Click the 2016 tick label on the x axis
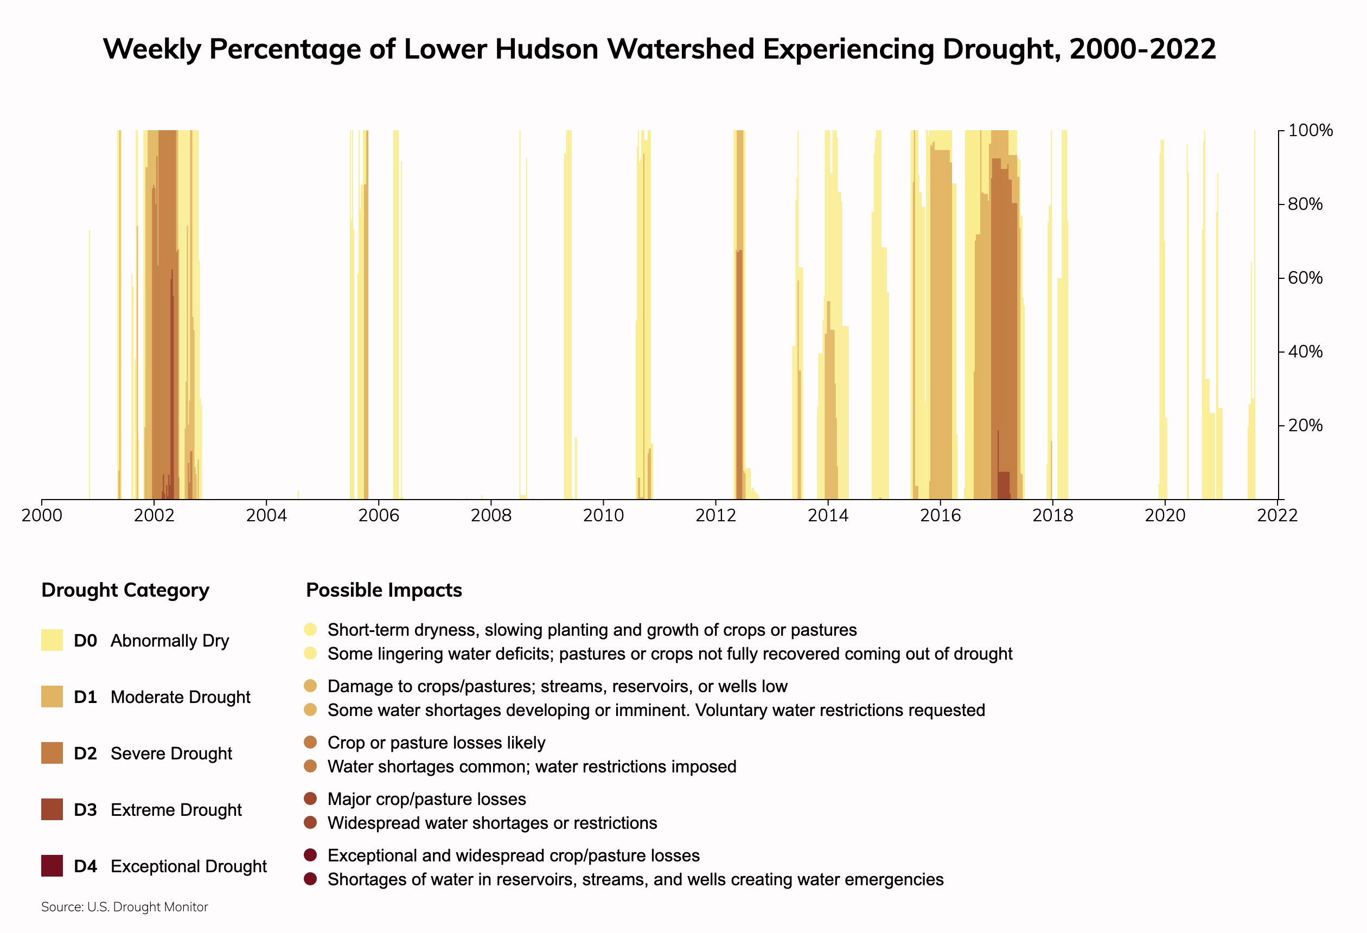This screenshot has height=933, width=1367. (x=940, y=516)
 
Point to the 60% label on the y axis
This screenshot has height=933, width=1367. (x=1305, y=278)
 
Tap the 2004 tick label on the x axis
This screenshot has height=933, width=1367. (x=266, y=516)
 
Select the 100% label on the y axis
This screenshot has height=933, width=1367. (x=1310, y=131)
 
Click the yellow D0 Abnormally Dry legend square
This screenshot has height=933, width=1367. (x=52, y=640)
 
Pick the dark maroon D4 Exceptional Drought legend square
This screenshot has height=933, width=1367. (x=52, y=866)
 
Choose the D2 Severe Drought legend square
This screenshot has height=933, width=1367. (x=52, y=753)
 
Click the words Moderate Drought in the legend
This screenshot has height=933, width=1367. (x=180, y=697)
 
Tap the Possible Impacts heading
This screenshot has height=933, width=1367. (x=384, y=590)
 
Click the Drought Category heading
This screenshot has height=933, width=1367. (x=125, y=590)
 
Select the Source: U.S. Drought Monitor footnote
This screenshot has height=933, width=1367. (x=124, y=907)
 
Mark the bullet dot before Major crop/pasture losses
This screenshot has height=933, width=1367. (x=311, y=798)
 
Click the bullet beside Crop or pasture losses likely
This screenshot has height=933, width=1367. (x=311, y=743)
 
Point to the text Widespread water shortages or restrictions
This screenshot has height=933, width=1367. (x=492, y=823)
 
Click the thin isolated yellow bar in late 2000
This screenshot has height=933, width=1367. (x=90, y=365)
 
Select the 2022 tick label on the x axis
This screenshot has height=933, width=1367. (x=1277, y=516)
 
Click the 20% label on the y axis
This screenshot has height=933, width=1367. (x=1305, y=425)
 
